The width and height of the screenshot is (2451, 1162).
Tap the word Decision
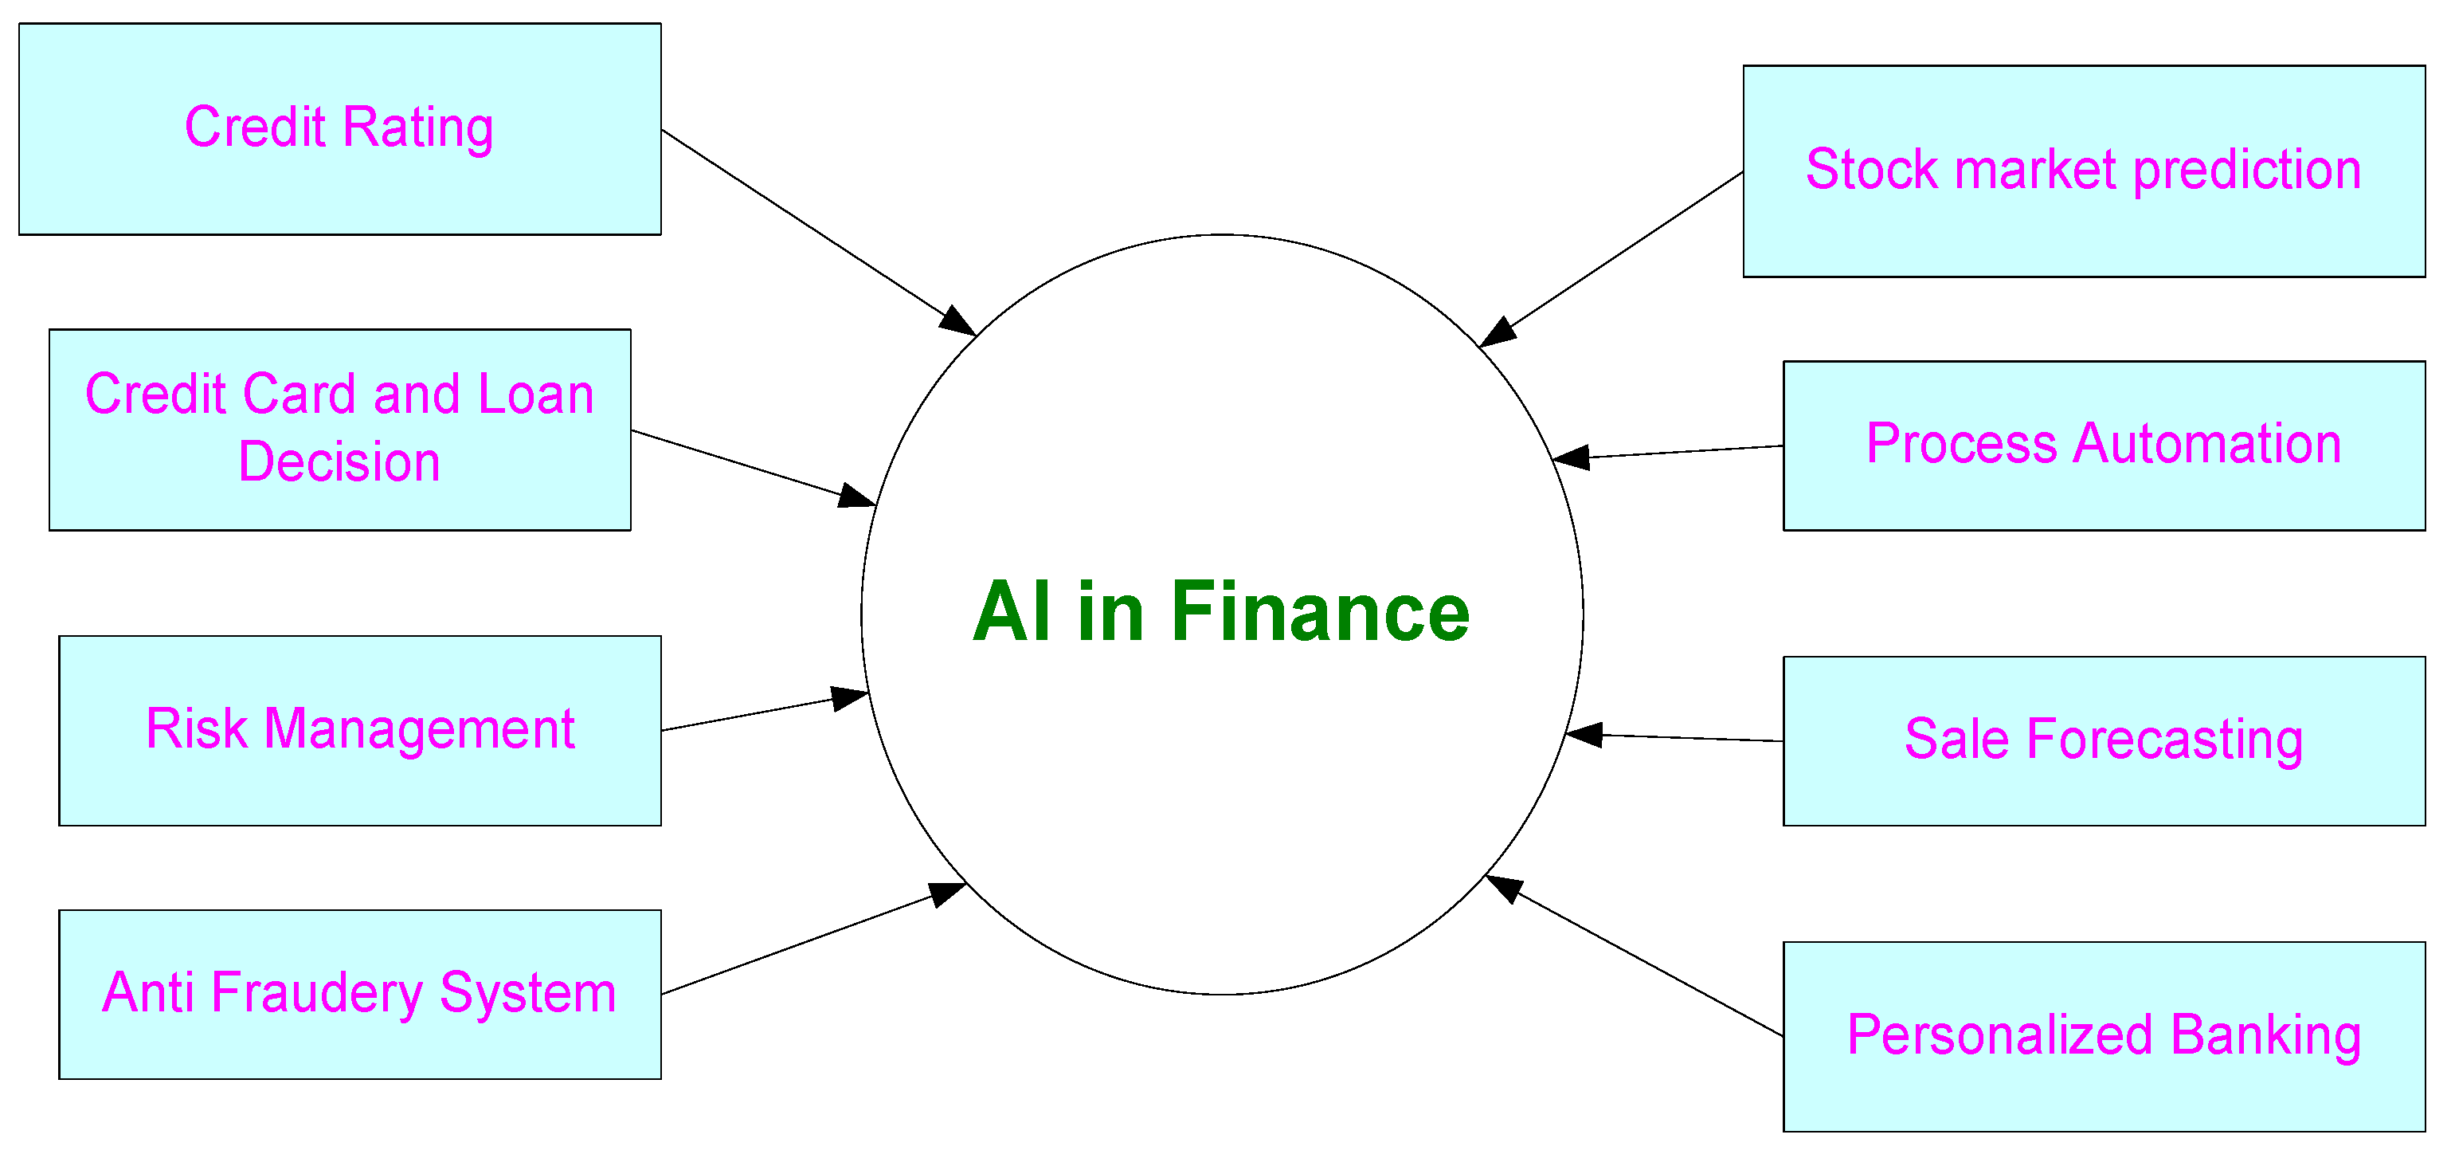pos(339,462)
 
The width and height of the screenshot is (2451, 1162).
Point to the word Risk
pos(197,729)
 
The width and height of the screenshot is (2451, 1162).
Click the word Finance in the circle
pos(1320,612)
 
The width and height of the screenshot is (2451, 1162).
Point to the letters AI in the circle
pos(1012,612)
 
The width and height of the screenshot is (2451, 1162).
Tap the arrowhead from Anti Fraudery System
pos(949,893)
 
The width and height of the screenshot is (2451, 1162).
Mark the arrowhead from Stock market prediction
pos(1498,333)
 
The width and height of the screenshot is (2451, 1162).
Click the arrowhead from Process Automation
pos(1571,457)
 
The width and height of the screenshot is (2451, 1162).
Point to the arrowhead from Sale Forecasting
pos(1584,735)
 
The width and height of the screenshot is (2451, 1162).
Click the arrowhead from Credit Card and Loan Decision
pos(857,497)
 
